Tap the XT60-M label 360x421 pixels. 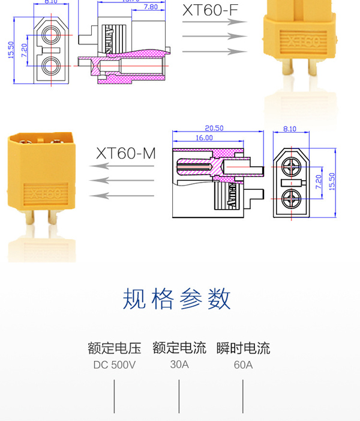pos(126,154)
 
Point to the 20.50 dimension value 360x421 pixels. pos(214,128)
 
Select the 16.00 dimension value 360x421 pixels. pos(204,138)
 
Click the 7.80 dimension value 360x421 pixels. pos(151,7)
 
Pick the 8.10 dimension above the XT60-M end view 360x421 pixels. pos(289,128)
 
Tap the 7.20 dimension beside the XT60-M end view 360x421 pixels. pos(319,178)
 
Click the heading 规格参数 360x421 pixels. pos(177,298)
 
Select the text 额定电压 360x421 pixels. pos(114,348)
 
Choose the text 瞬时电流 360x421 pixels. pos(244,348)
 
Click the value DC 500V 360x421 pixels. pos(114,365)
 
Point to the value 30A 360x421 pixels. pos(179,364)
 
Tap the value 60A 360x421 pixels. pos(244,365)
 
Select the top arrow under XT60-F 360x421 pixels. pos(214,21)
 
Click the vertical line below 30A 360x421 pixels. pos(179,396)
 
